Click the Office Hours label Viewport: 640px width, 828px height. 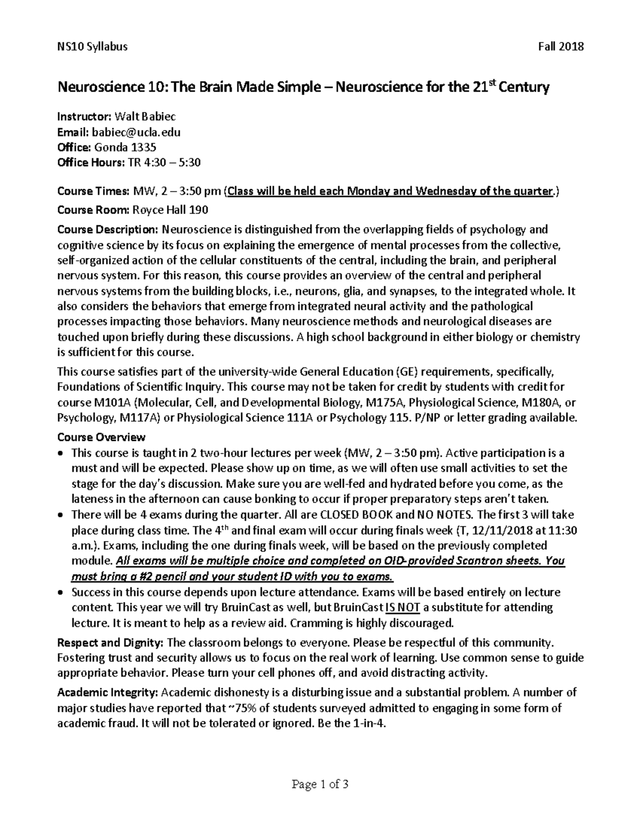click(x=89, y=163)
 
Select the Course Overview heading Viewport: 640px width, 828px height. click(x=101, y=437)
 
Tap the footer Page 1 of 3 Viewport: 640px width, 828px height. click(x=320, y=784)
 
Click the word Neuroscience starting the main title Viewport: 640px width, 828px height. click(x=100, y=87)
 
